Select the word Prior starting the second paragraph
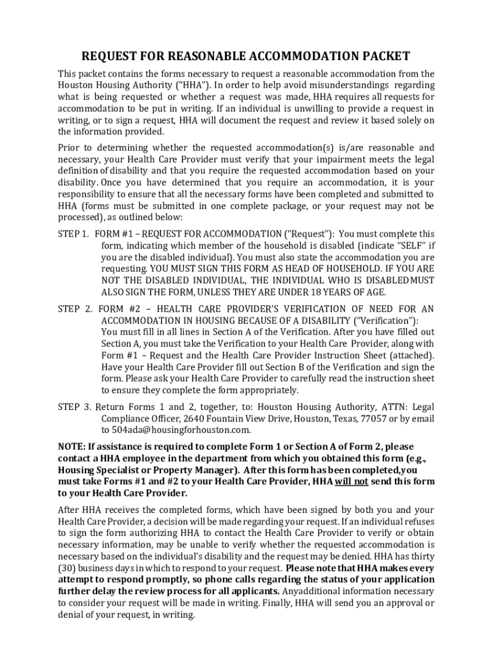coord(70,148)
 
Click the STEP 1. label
coord(73,233)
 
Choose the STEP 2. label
coord(75,309)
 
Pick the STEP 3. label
coord(75,407)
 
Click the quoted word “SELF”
coord(403,245)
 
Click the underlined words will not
coord(351,481)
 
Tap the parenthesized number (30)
coord(68,568)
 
